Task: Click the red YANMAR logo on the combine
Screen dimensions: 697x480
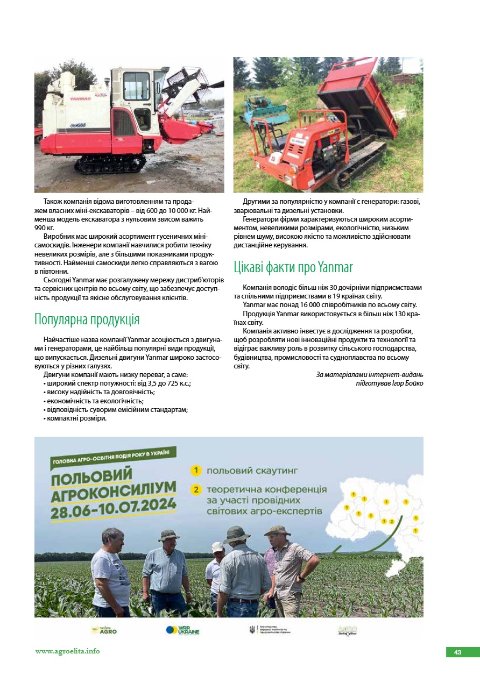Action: [x=80, y=98]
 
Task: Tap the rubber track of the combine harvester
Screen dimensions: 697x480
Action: [x=110, y=163]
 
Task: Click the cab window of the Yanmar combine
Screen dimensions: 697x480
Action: [x=136, y=87]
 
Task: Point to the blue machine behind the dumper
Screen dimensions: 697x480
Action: [x=263, y=107]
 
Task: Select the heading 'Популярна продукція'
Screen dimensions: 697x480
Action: [x=87, y=319]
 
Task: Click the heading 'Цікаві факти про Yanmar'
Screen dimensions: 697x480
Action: [x=293, y=267]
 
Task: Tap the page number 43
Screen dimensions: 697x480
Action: [x=457, y=652]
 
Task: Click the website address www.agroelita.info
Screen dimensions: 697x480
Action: [x=68, y=651]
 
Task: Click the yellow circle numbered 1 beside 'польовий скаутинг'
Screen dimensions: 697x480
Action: [x=196, y=471]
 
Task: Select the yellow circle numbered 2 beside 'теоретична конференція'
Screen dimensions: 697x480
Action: [x=196, y=490]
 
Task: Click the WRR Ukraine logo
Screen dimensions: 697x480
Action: [x=182, y=630]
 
